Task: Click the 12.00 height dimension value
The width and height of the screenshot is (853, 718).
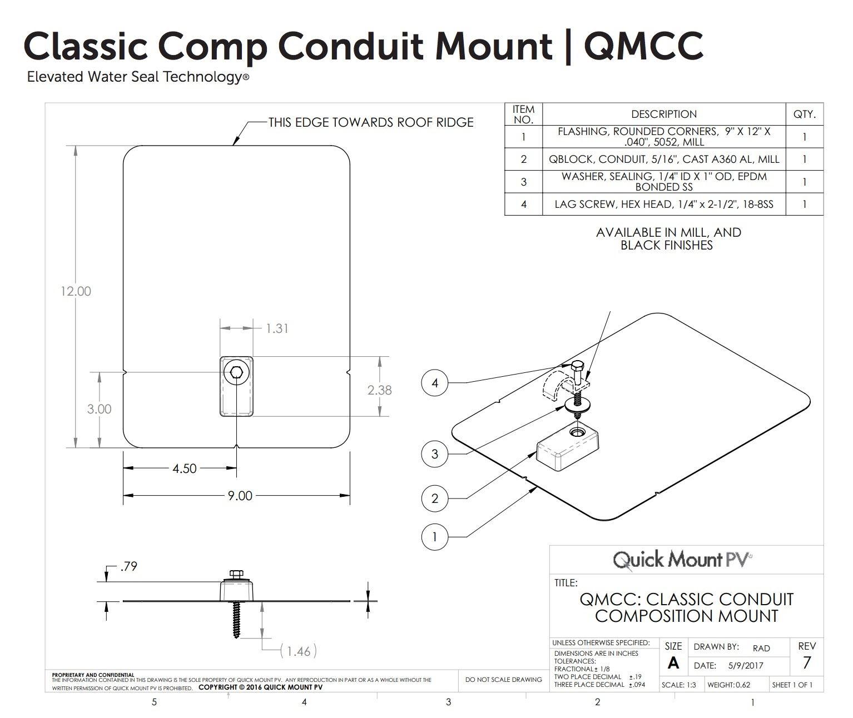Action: (76, 291)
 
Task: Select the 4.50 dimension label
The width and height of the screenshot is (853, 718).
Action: (184, 468)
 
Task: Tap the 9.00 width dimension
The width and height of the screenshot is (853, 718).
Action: (240, 496)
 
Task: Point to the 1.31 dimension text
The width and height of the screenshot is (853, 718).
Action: (277, 328)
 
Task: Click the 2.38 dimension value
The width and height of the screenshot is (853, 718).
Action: (379, 390)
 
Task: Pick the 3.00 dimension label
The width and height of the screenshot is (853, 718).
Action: (99, 409)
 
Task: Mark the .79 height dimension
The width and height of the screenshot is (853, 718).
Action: (128, 567)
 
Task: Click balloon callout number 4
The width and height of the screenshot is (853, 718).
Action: (435, 383)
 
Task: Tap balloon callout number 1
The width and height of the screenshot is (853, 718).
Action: (435, 537)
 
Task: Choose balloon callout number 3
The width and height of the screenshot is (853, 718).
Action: (435, 454)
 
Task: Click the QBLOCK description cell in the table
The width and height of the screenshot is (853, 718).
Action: (663, 159)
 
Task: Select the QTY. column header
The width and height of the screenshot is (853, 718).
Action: (804, 114)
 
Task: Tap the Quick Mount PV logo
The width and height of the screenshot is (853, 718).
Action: (682, 560)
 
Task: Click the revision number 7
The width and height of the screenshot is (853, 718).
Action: (806, 662)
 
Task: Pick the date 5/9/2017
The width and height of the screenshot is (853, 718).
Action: (745, 665)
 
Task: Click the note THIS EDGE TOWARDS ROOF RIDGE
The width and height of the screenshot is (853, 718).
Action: (371, 122)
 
